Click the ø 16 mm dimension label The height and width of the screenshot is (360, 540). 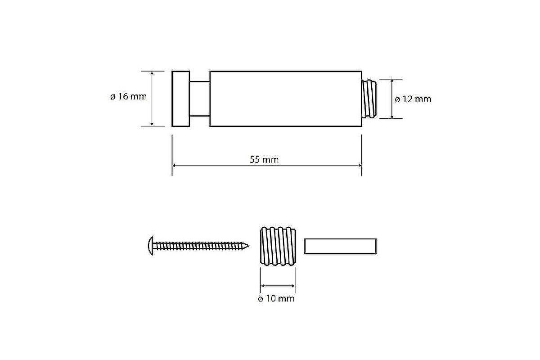128,97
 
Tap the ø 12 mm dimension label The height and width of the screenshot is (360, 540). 413,99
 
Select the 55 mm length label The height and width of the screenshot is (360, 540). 264,160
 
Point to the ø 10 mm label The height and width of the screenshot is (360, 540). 276,299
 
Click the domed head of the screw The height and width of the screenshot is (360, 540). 150,246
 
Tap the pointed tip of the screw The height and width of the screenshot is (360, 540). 248,246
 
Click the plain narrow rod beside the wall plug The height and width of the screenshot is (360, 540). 340,246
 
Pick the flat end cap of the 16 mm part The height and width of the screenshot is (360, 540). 181,99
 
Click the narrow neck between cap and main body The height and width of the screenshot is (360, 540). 200,99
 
